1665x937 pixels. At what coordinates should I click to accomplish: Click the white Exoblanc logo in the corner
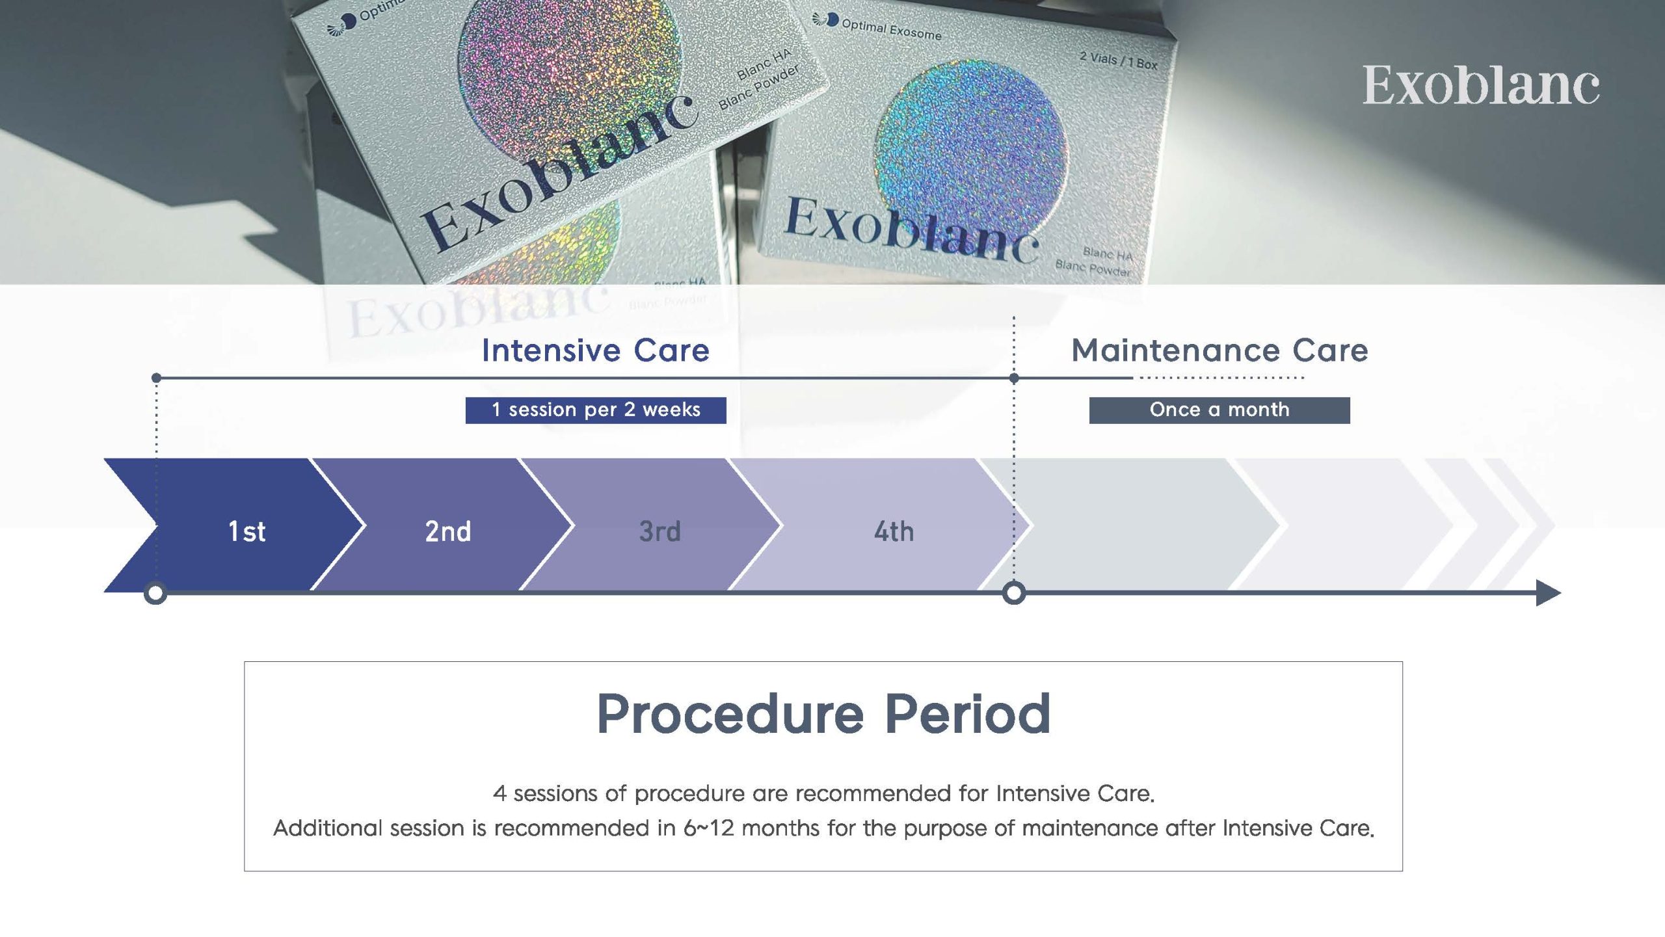tap(1481, 85)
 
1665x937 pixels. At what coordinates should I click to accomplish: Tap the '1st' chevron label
tap(246, 531)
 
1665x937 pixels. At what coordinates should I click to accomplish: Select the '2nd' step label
tap(447, 531)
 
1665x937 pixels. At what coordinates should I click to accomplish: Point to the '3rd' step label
tap(659, 531)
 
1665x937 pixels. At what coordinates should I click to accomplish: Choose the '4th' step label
tap(894, 531)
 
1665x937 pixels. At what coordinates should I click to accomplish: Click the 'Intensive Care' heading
tap(595, 350)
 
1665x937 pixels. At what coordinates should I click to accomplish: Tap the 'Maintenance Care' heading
tap(1219, 350)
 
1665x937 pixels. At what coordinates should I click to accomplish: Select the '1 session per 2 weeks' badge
tap(596, 410)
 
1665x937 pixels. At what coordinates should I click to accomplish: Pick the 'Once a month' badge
tap(1219, 410)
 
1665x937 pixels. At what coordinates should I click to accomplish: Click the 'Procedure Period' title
tap(823, 713)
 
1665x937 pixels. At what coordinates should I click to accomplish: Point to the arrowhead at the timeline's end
tap(1549, 593)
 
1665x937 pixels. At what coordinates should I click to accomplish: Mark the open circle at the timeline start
tap(155, 593)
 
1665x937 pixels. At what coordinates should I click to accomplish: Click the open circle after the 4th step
tap(1013, 593)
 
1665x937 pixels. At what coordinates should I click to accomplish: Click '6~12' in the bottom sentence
tap(709, 828)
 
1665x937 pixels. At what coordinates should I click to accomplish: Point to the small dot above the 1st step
tap(156, 378)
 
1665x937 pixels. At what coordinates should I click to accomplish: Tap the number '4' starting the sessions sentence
tap(499, 793)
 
